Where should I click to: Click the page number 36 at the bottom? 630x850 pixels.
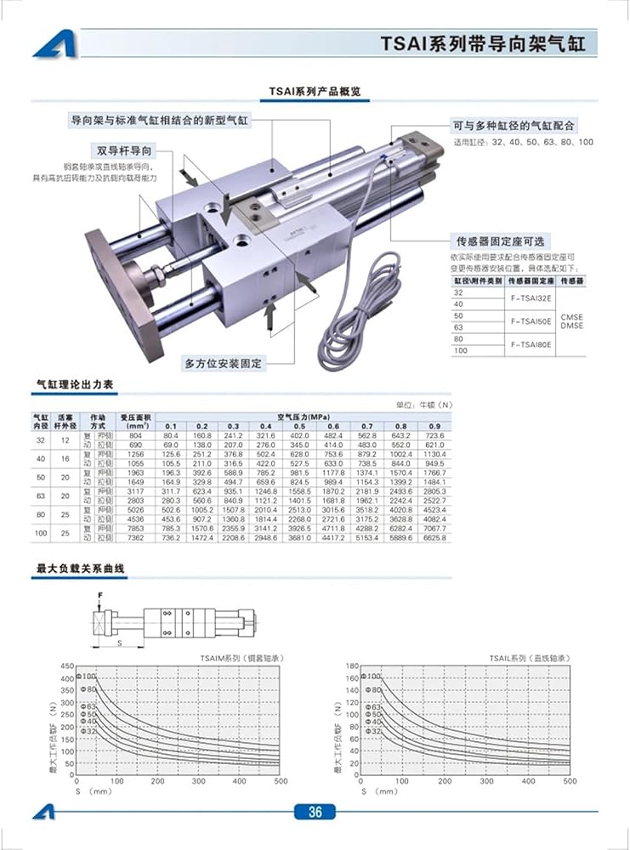(x=315, y=812)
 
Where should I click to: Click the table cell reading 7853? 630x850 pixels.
(x=135, y=528)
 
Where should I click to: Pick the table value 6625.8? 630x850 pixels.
(x=434, y=537)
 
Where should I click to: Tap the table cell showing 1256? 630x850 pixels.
(x=135, y=454)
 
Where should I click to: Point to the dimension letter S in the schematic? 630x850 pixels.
(x=118, y=643)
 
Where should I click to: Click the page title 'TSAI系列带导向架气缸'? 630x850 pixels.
(x=483, y=43)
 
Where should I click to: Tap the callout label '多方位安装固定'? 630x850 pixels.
(x=224, y=363)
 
